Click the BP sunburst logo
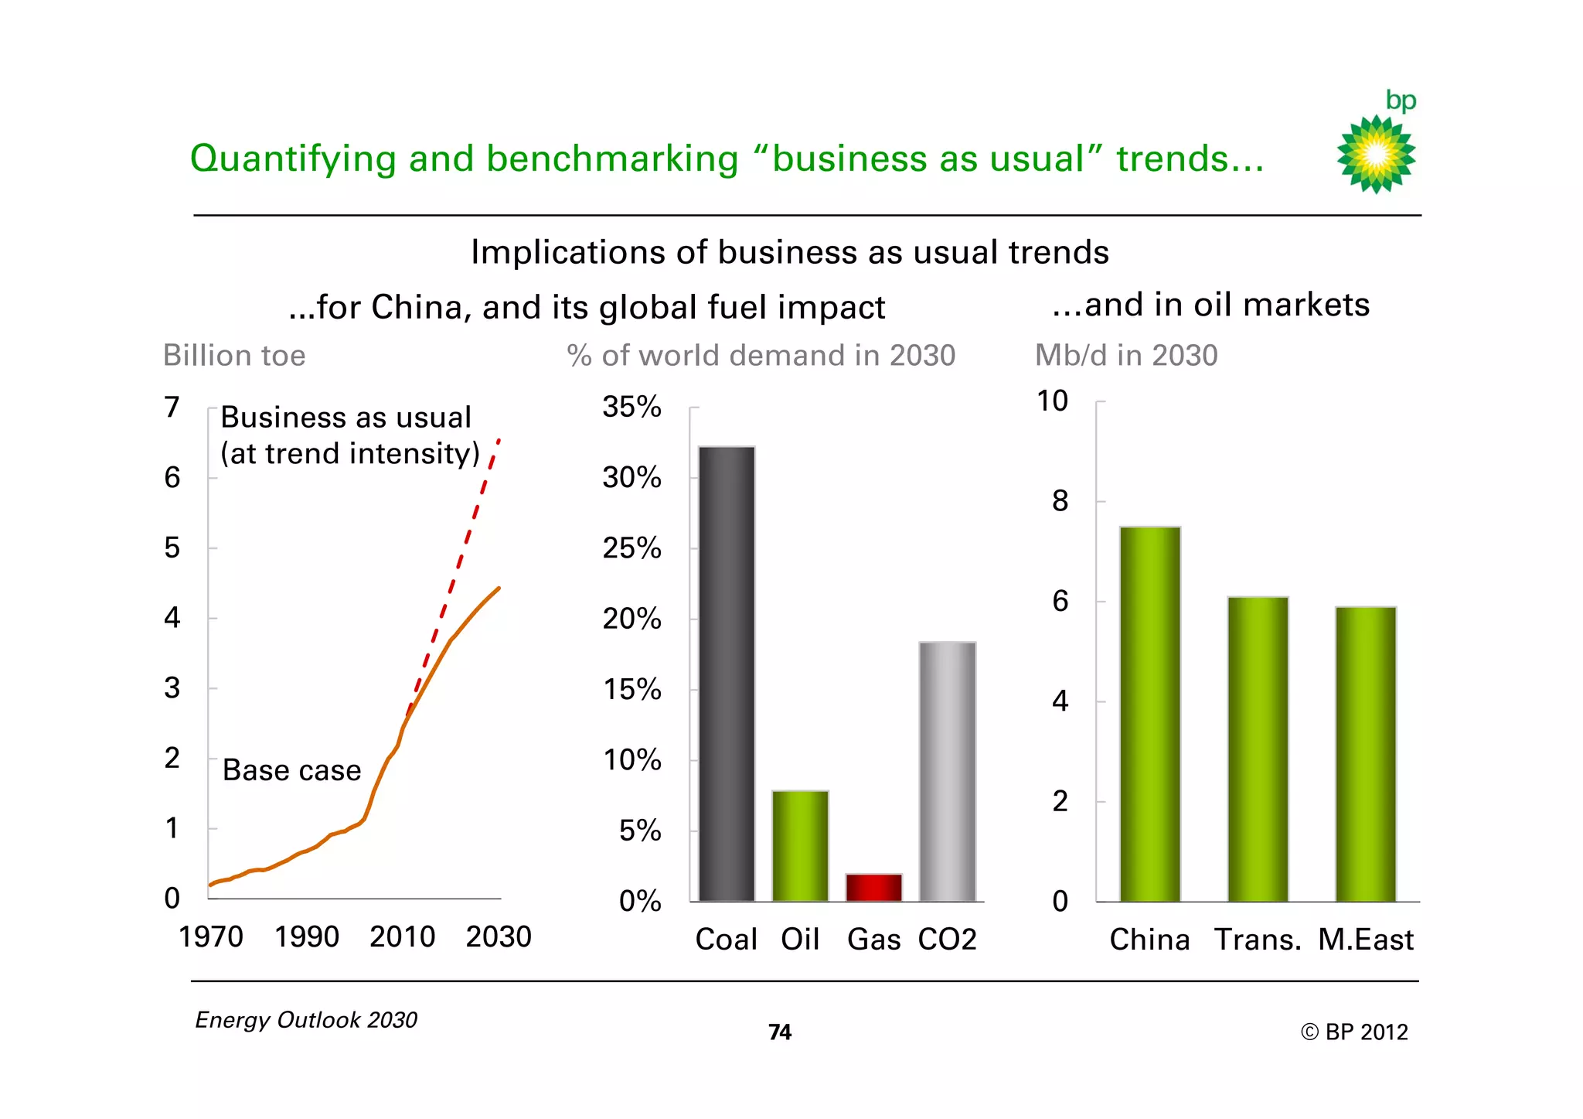(1376, 154)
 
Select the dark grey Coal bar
(727, 673)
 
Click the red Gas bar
(873, 887)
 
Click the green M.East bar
(1365, 754)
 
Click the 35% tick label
(631, 407)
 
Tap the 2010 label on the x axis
(402, 936)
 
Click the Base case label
(291, 770)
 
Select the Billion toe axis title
(234, 356)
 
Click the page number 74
(779, 1032)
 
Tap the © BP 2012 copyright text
(1353, 1032)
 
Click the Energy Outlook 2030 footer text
(306, 1020)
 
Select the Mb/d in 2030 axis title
(1125, 356)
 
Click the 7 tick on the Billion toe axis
(172, 407)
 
